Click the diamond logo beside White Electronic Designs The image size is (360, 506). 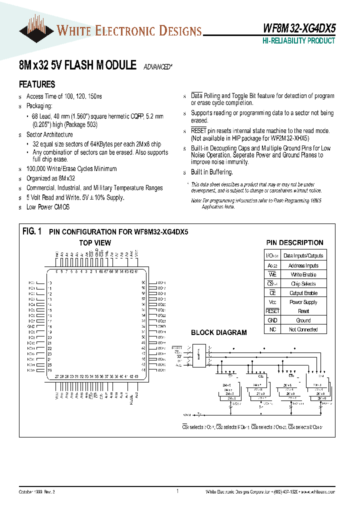(x=36, y=31)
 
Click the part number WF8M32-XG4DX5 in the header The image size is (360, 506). (x=299, y=29)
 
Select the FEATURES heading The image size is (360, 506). (x=37, y=84)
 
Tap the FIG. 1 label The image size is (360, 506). (x=32, y=231)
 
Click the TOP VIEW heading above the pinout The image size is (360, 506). (x=95, y=243)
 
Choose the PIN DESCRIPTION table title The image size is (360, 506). (x=294, y=243)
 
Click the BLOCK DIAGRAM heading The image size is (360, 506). (x=218, y=332)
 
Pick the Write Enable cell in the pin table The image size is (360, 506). (x=303, y=274)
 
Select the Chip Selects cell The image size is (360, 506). (x=303, y=283)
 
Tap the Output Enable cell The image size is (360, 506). (x=303, y=293)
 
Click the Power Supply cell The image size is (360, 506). (x=303, y=302)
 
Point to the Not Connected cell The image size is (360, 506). (x=303, y=329)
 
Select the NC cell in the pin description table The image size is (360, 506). (x=272, y=329)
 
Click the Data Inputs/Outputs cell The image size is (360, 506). (x=303, y=255)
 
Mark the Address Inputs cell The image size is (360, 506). (x=303, y=265)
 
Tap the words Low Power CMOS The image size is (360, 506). (x=48, y=207)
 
